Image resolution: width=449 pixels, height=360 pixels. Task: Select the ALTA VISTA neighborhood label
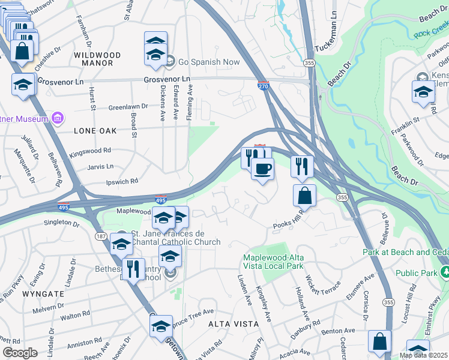pyautogui.click(x=234, y=324)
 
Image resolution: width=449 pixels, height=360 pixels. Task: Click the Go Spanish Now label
pyautogui.click(x=208, y=62)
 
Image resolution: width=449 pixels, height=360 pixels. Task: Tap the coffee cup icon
pyautogui.click(x=262, y=169)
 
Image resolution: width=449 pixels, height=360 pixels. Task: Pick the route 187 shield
pyautogui.click(x=101, y=237)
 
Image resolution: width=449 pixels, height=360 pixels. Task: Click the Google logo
pyautogui.click(x=20, y=353)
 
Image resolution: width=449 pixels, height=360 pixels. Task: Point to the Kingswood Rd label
pyautogui.click(x=90, y=151)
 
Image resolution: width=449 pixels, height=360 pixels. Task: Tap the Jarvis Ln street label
pyautogui.click(x=100, y=166)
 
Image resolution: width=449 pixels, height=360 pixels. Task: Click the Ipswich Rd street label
pyautogui.click(x=122, y=181)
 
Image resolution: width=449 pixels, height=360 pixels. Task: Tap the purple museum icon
pyautogui.click(x=58, y=118)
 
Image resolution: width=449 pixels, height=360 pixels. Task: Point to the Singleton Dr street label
pyautogui.click(x=62, y=223)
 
